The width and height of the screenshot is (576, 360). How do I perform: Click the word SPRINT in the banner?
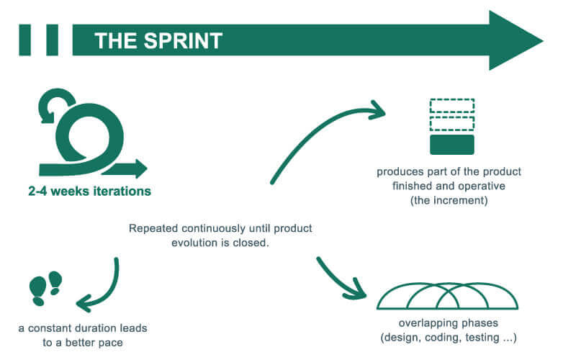(183, 40)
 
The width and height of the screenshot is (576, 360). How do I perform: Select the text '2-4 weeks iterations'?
(89, 191)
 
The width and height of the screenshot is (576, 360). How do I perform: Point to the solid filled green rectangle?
(452, 145)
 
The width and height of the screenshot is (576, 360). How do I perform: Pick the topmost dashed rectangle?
(452, 105)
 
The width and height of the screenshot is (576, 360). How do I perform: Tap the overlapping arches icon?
(447, 296)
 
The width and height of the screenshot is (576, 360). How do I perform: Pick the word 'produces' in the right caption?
(395, 172)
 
